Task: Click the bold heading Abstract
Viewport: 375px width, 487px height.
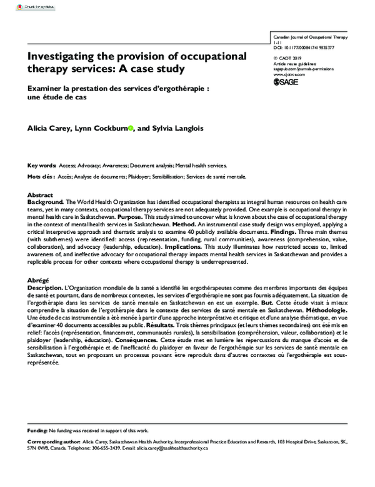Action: (x=41, y=195)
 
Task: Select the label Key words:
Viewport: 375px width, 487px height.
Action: (x=41, y=166)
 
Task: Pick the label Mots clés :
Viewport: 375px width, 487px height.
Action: (x=41, y=177)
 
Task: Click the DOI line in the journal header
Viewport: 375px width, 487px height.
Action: (x=303, y=48)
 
